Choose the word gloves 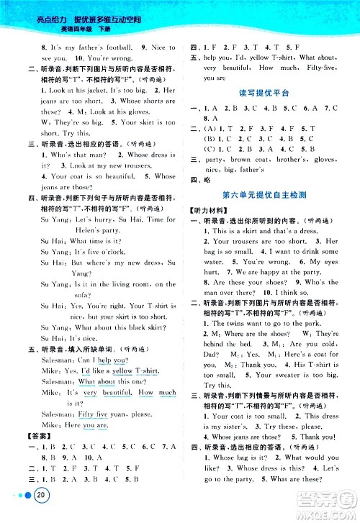click(326, 158)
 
